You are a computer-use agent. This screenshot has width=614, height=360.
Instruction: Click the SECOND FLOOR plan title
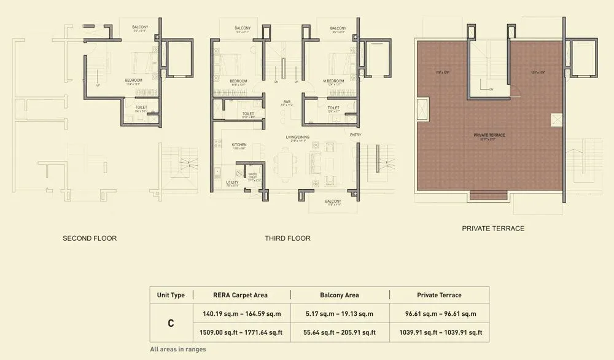pos(90,238)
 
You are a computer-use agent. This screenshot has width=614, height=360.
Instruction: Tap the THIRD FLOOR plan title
pos(287,238)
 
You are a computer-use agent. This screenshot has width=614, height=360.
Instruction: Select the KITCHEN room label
pos(239,145)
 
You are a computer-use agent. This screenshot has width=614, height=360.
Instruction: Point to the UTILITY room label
pos(232,182)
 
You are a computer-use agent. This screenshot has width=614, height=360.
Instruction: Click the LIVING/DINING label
pos(296,137)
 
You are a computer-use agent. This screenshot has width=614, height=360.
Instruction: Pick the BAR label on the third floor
pos(286,101)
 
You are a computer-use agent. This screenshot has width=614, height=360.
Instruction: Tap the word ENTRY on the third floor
pos(356,135)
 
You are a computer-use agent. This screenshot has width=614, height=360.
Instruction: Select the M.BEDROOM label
pos(335,81)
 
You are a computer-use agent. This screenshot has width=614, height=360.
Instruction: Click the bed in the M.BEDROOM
pos(338,63)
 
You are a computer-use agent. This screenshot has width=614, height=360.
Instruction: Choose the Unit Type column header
pos(171,295)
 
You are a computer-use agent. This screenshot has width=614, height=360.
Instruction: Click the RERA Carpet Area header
pos(240,295)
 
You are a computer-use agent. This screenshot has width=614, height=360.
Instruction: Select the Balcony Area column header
pos(340,295)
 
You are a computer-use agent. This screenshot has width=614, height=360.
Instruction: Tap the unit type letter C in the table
pos(171,323)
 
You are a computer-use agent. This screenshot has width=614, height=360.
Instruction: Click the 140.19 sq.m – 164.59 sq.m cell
pos(241,314)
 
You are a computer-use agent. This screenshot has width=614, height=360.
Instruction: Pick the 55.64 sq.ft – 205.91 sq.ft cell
pos(340,332)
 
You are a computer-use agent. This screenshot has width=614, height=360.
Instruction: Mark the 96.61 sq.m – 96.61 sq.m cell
pos(439,314)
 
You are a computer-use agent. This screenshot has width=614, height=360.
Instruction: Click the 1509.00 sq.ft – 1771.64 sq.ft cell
pos(241,332)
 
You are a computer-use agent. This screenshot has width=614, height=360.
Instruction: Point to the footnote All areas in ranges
pos(177,350)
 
